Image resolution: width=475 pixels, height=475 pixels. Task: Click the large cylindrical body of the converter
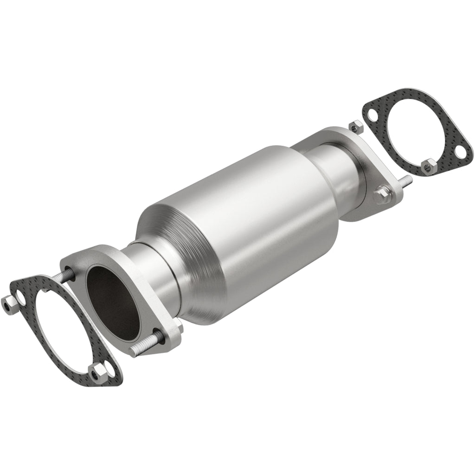pos(241,218)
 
